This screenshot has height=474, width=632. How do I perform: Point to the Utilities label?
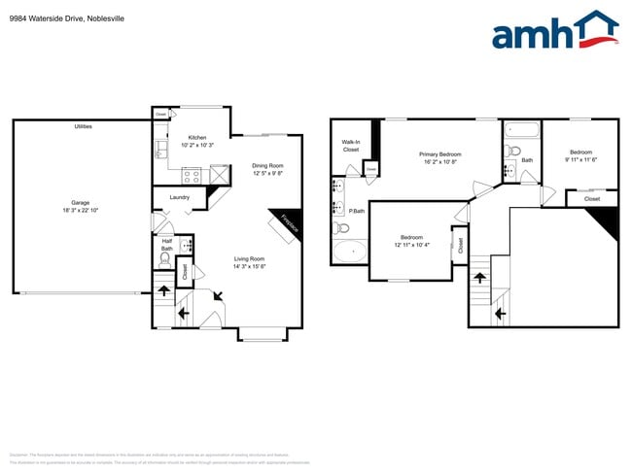(84, 127)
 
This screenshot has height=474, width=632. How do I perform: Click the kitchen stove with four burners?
(192, 176)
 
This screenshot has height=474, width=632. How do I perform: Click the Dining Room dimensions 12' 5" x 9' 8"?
(267, 174)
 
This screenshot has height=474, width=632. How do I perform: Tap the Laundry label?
(179, 197)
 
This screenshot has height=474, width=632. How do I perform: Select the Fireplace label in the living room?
(288, 222)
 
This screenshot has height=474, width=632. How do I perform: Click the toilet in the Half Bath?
(166, 262)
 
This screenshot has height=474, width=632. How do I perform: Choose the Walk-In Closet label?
(350, 146)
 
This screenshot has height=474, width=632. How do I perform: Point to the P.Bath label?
(357, 211)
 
